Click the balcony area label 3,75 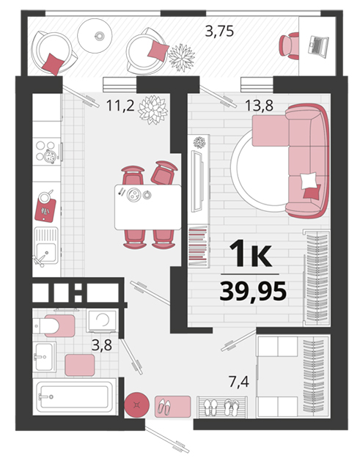pos(219,31)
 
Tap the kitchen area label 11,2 pos(120,106)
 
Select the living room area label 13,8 pos(259,106)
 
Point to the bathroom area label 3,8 pos(102,345)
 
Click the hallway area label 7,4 pos(239,382)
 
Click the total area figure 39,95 pos(253,292)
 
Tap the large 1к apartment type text pos(251,254)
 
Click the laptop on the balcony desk pos(318,46)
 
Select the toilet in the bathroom pos(54,325)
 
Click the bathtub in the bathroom pos(75,397)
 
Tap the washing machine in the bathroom pos(103,321)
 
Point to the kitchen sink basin pos(45,245)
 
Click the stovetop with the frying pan pos(47,152)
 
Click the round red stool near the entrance pos(137,405)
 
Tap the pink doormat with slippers pos(173,407)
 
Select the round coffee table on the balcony pos(95,36)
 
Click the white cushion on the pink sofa pos(308,181)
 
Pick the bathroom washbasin pos(44,357)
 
